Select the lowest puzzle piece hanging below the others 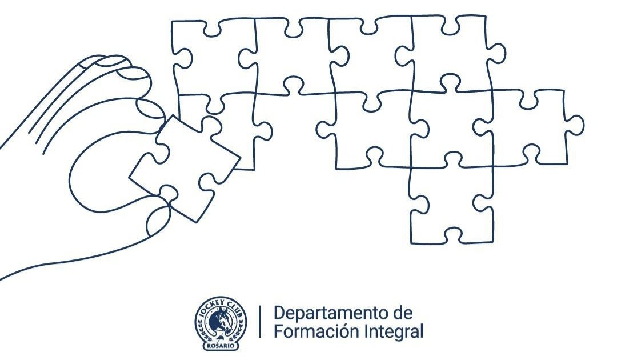click(451, 203)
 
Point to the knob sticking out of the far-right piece click(575, 125)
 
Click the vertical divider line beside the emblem click(261, 322)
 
